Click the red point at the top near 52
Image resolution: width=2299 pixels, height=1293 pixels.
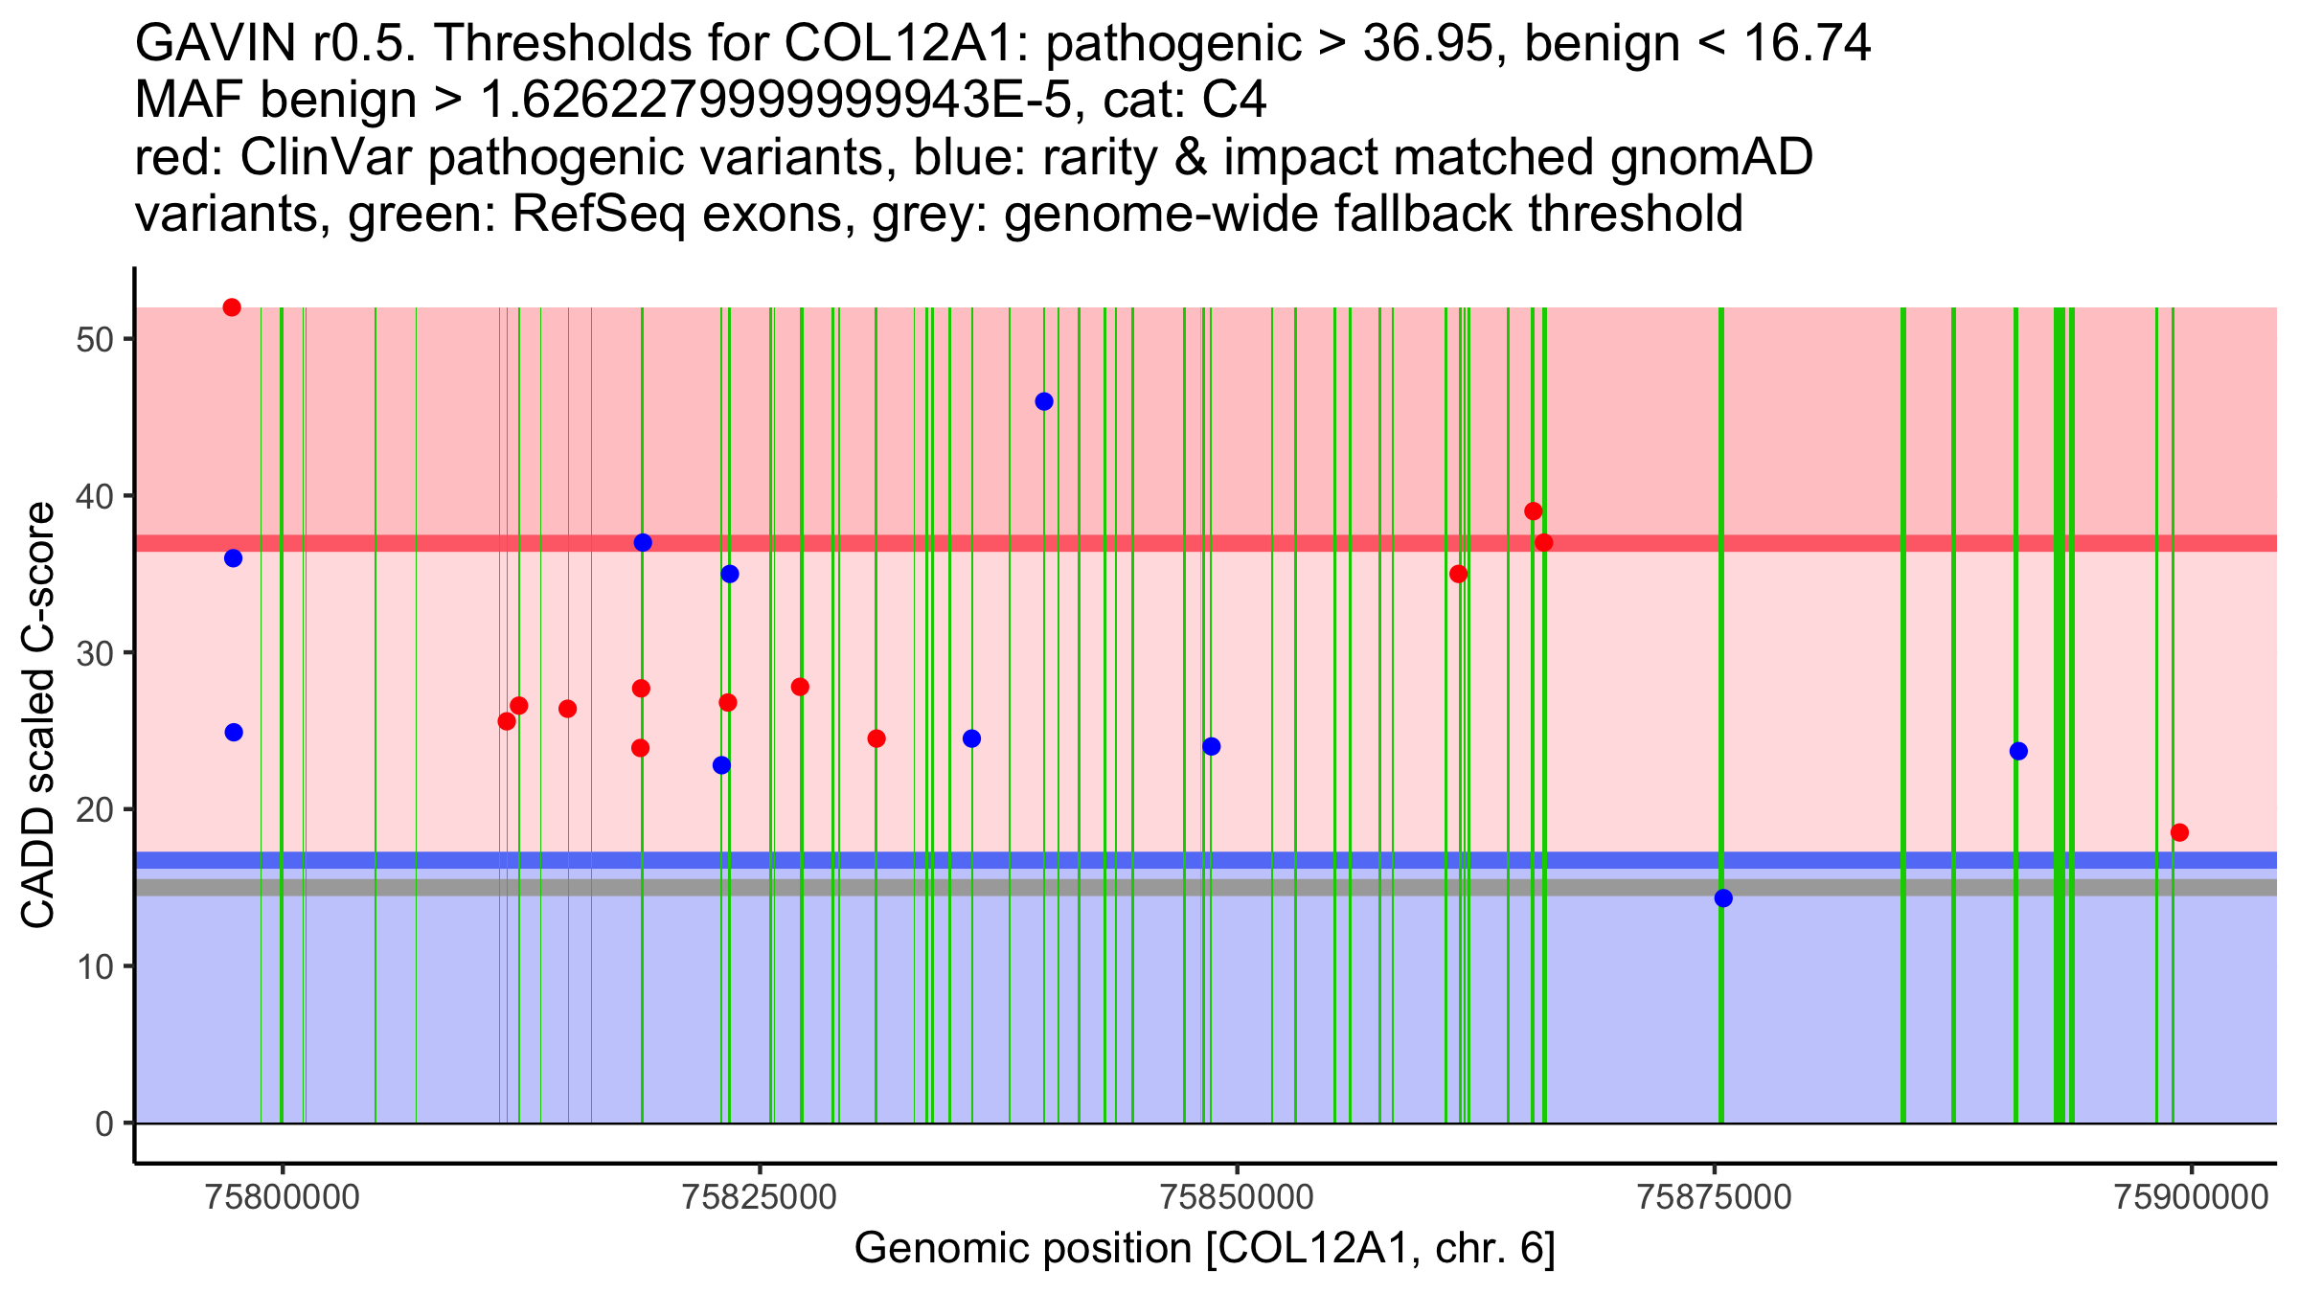click(x=232, y=307)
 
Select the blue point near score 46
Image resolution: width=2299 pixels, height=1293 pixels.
click(x=1044, y=401)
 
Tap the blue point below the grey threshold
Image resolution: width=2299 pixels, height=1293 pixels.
click(x=1723, y=897)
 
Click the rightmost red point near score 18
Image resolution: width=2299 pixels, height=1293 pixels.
click(x=2179, y=832)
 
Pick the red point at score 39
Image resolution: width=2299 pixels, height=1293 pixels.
click(x=1533, y=511)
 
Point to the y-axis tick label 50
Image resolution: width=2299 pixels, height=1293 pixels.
click(x=95, y=340)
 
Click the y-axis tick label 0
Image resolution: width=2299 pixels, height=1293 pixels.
click(x=104, y=1123)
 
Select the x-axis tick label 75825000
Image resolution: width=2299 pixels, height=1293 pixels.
click(x=761, y=1197)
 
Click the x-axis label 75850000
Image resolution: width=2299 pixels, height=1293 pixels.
click(x=1238, y=1197)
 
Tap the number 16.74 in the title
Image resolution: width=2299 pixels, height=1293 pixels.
click(x=1808, y=44)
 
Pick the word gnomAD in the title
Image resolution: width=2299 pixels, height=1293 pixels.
click(x=1711, y=157)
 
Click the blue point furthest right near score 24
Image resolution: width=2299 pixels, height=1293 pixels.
click(x=2018, y=751)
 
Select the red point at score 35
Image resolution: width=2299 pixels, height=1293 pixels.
click(x=1458, y=574)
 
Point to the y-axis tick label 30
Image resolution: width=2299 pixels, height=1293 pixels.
click(x=95, y=653)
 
